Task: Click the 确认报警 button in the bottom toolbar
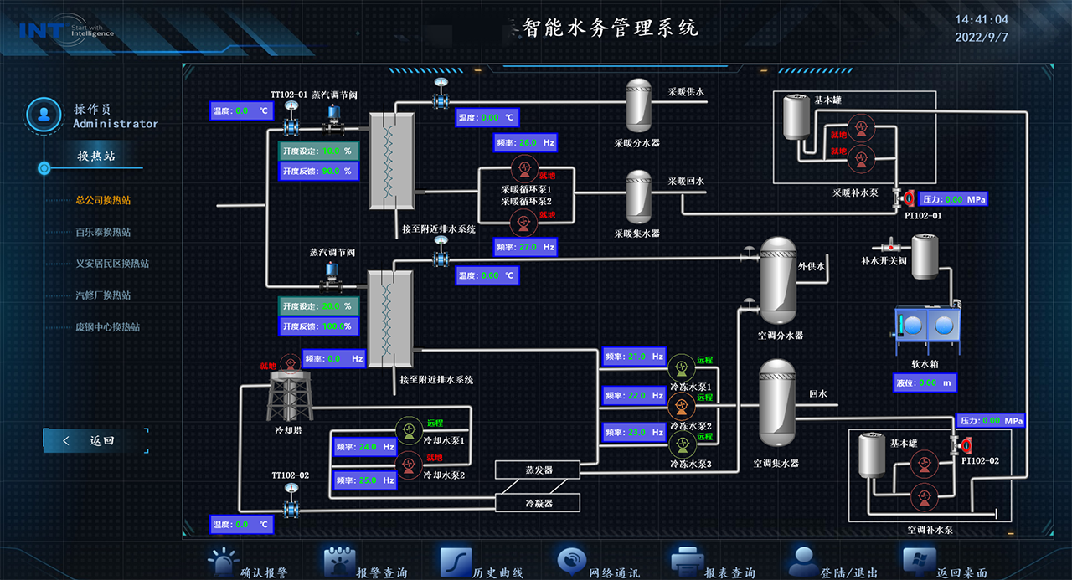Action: [x=249, y=563]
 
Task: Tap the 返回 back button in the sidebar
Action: [x=96, y=440]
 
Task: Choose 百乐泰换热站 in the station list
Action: [x=103, y=232]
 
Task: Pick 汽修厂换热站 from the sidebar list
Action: [x=103, y=295]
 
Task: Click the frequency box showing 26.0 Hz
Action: [x=525, y=143]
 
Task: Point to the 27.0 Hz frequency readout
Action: [x=525, y=247]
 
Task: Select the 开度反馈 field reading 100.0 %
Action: [x=318, y=326]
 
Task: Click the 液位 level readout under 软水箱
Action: [x=925, y=382]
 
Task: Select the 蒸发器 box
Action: [x=538, y=470]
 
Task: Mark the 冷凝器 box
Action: [x=538, y=503]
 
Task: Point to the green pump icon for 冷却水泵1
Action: [x=408, y=429]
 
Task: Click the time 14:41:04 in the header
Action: [x=982, y=19]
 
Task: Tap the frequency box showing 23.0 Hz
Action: [x=634, y=433]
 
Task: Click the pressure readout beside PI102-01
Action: [x=953, y=199]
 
